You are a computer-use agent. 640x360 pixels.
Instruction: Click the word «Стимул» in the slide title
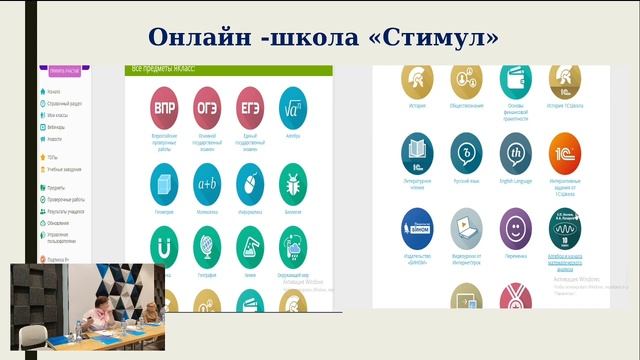pos(437,37)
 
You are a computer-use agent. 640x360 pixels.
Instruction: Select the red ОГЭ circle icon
pos(207,107)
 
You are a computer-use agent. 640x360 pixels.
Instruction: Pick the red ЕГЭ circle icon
pos(250,107)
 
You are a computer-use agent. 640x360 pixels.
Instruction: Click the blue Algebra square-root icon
pos(293,107)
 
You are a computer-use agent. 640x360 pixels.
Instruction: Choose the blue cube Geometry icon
pos(164,183)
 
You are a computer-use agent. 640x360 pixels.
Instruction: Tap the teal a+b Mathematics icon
pos(207,183)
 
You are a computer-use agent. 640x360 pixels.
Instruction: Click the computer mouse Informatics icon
pos(250,183)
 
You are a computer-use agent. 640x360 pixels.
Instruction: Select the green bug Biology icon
pos(293,183)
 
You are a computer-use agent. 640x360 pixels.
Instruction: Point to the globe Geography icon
pos(207,246)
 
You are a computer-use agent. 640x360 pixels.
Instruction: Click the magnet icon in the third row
pos(164,246)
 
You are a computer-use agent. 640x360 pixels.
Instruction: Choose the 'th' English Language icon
pos(516,153)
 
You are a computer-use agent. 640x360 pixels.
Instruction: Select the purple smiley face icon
pos(516,227)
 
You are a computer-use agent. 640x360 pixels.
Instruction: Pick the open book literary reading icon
pos(417,153)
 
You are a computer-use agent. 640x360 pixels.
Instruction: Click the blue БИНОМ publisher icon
pos(417,227)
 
